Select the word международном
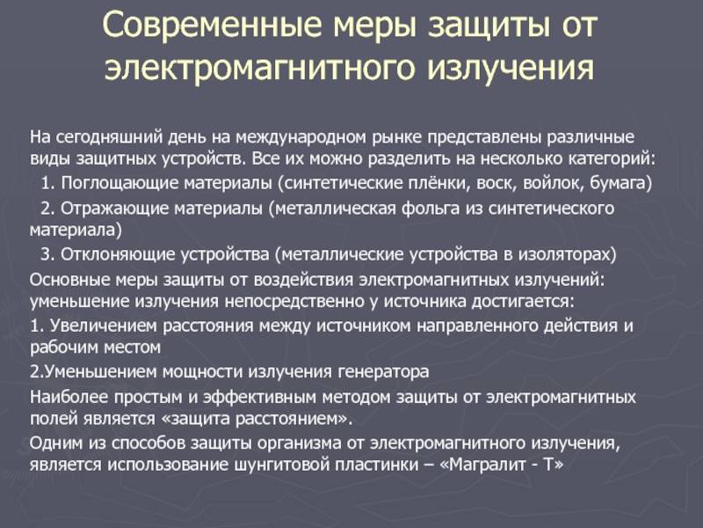pos(301,137)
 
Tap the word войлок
pos(553,183)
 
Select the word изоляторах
pos(567,255)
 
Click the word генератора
pos(383,372)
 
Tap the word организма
pos(299,444)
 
